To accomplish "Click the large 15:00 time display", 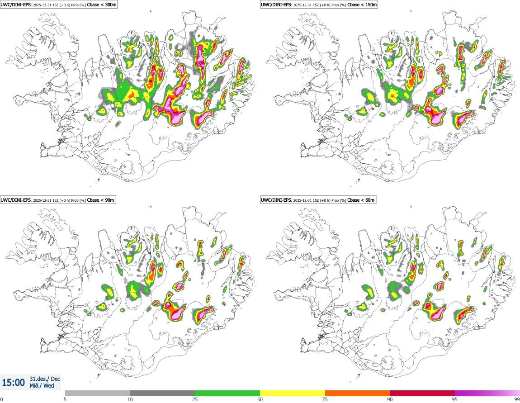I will [13, 383].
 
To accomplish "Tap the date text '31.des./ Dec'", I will [45, 379].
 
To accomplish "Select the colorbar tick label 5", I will [65, 399].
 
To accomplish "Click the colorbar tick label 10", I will [130, 399].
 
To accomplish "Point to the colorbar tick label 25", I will [195, 399].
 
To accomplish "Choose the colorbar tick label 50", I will [260, 399].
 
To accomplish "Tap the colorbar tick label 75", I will [325, 399].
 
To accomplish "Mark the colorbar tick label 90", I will [390, 399].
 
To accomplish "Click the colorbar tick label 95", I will [454, 399].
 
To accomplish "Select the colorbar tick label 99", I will [517, 399].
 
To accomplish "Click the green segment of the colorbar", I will [227, 393].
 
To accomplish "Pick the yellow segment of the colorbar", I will [293, 393].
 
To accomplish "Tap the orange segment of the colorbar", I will [357, 393].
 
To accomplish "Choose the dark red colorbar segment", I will [422, 393].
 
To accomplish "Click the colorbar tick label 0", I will [2, 399].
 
